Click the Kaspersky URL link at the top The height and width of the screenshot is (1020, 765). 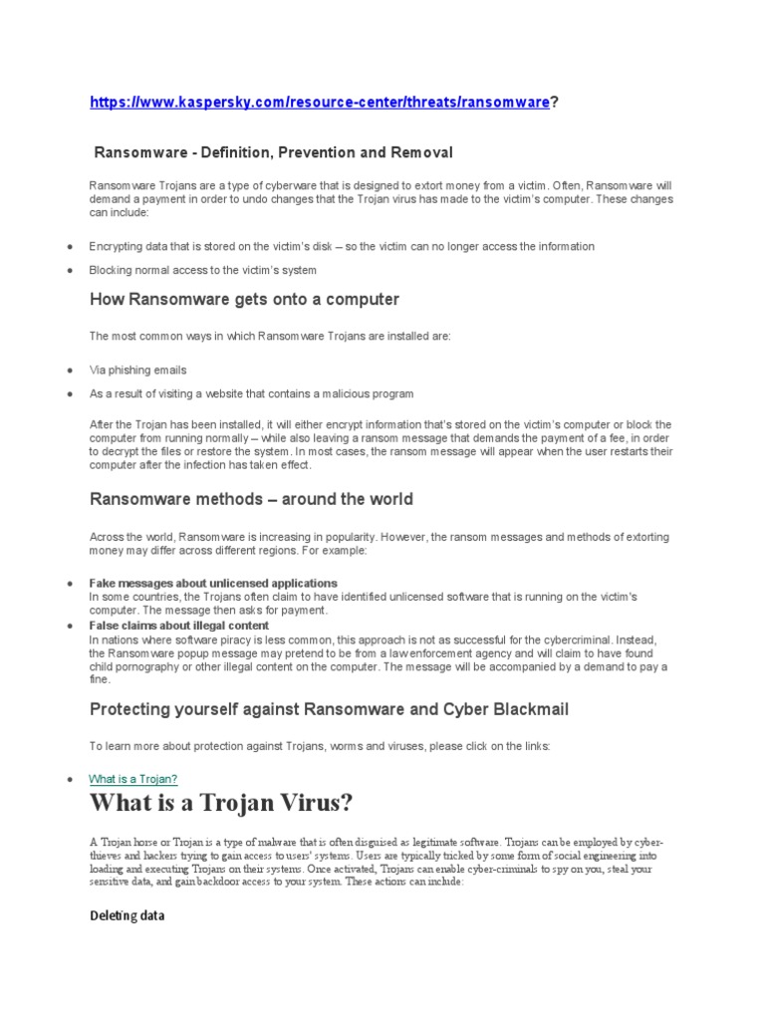[319, 103]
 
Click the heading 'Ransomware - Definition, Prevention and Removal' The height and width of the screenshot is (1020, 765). [273, 152]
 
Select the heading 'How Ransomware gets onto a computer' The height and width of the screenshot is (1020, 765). [245, 299]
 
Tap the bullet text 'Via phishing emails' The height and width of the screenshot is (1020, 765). [138, 370]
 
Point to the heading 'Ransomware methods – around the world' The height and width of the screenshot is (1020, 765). [251, 499]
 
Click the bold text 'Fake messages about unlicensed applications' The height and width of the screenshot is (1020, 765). [213, 583]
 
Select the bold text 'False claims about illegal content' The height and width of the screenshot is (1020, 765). [179, 626]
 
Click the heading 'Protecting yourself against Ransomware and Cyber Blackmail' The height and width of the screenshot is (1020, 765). [329, 709]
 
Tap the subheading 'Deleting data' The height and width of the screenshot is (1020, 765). [127, 915]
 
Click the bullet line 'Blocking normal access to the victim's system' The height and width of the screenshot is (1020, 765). [203, 270]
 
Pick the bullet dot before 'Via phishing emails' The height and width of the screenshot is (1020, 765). [69, 371]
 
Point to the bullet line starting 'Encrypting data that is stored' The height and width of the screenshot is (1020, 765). [342, 246]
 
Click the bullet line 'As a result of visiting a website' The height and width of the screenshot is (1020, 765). [251, 393]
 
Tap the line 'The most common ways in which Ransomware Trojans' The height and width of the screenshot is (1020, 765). [270, 337]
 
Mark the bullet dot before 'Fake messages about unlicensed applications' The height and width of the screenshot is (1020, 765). [69, 584]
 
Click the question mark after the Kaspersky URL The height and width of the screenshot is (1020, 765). [555, 103]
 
